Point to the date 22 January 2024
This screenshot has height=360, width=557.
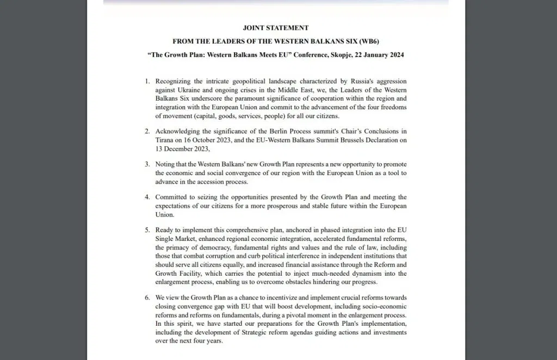pos(381,55)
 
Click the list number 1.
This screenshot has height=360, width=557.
pos(147,81)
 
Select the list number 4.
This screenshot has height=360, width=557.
pos(147,197)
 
